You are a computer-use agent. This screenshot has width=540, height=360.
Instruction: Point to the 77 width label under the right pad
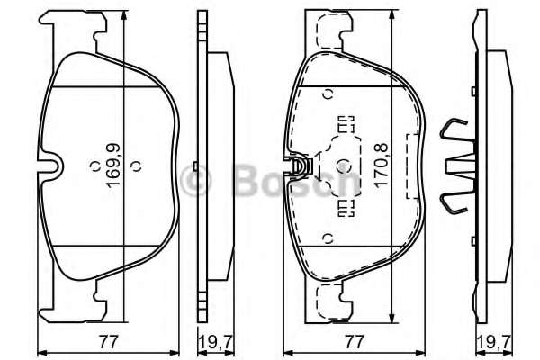(355, 340)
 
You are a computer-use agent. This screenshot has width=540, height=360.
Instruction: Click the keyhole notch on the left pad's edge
(56, 167)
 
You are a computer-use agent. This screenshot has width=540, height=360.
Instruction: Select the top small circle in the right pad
(328, 92)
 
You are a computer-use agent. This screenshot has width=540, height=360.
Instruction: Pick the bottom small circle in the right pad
(328, 238)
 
